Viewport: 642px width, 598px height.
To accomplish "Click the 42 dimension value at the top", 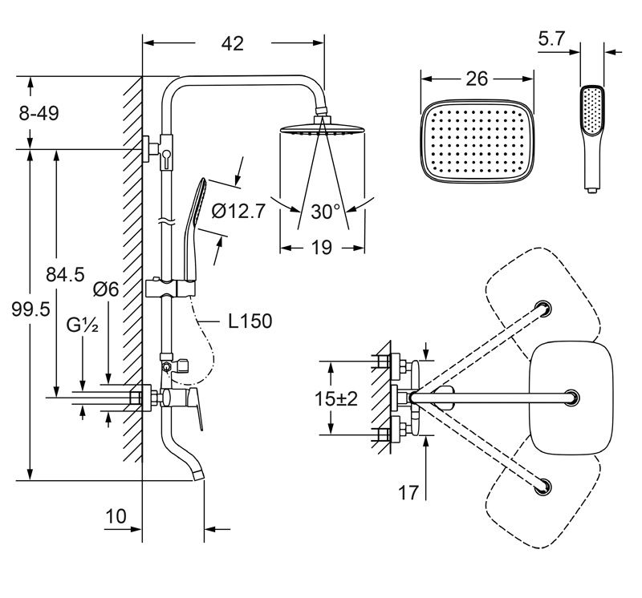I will tap(233, 43).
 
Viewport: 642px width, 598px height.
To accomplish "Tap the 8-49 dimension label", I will tap(39, 115).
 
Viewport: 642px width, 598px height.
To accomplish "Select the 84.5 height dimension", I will tap(66, 275).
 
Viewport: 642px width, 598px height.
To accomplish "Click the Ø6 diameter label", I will tap(106, 289).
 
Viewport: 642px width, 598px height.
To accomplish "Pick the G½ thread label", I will tap(83, 327).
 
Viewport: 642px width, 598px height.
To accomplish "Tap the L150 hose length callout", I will tap(250, 321).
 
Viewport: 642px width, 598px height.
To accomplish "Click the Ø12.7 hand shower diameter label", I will tap(238, 212).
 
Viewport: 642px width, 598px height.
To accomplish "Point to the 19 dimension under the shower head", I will tap(321, 248).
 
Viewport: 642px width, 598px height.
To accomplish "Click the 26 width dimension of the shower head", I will tap(477, 79).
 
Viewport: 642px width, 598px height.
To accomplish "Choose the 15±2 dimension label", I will tap(337, 398).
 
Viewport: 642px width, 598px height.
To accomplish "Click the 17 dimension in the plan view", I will tap(408, 491).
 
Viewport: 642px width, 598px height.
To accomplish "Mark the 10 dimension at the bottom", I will tap(116, 516).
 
